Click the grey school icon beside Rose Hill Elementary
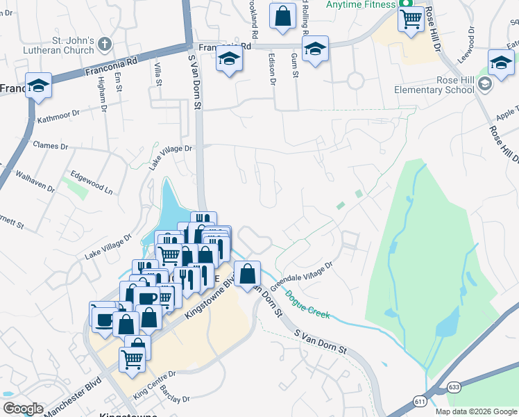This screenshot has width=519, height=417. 485,85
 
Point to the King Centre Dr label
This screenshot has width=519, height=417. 155,384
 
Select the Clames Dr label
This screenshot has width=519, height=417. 51,147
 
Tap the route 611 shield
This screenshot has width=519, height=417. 420,402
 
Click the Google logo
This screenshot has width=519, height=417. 23,409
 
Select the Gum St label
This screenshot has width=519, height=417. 293,65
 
